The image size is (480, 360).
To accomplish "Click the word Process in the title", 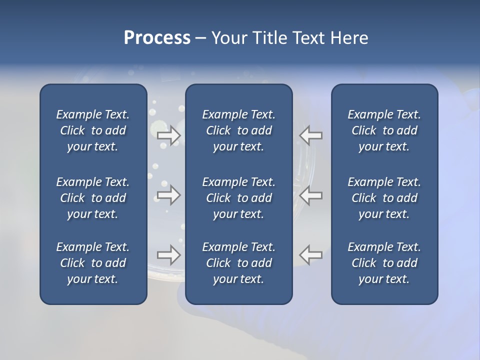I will click(x=157, y=38).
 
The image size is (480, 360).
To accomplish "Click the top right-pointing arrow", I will click(x=168, y=135).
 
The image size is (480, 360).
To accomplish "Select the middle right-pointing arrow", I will click(x=168, y=195).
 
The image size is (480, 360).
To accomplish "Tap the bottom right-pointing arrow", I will click(x=168, y=255).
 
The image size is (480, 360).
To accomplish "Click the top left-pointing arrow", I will click(x=310, y=135).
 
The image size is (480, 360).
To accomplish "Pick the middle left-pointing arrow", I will click(x=310, y=195).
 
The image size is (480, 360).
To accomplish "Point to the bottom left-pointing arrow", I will click(x=310, y=255).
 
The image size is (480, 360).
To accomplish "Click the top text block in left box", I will click(x=93, y=130).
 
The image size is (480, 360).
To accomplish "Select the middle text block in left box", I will click(x=93, y=198).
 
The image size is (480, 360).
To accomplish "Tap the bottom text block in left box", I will click(x=93, y=263).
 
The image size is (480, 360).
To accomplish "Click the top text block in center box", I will click(x=238, y=130).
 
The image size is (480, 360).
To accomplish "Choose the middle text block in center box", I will click(x=238, y=198).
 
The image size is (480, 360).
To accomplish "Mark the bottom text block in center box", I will click(x=238, y=263).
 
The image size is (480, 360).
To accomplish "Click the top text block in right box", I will click(x=384, y=130).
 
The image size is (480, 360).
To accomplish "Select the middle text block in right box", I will click(x=384, y=198).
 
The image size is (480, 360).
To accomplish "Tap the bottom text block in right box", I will click(x=384, y=263).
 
